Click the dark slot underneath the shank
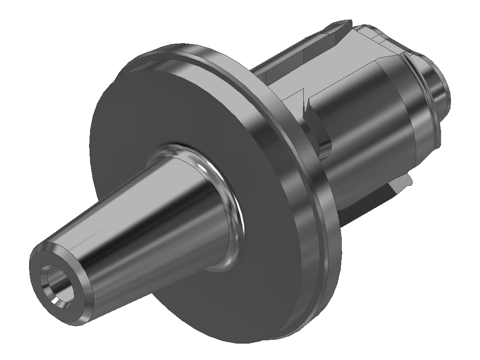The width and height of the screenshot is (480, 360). click(375, 202)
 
